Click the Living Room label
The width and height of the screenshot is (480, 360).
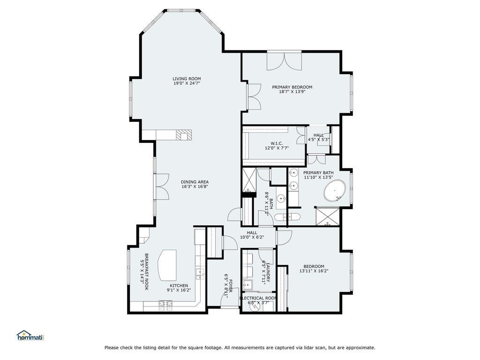coord(187,79)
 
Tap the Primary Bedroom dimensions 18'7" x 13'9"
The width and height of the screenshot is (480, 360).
coord(292,91)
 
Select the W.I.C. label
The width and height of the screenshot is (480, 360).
coord(277,143)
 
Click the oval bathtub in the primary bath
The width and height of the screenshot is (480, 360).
coord(335,191)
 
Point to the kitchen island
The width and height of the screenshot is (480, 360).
coord(167,265)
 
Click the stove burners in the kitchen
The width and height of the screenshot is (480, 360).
coord(165,305)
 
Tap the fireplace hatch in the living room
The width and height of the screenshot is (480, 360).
coord(184,135)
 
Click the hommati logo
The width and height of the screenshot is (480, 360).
coord(30,336)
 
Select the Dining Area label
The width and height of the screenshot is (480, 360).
coord(195,182)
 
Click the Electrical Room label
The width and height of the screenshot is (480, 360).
coord(258,298)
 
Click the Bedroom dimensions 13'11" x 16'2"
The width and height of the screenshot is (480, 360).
coord(314,271)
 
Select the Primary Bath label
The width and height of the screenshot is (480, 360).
coord(318,172)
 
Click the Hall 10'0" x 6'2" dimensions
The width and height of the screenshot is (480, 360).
coord(252,237)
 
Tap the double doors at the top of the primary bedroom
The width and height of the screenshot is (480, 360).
coord(285,61)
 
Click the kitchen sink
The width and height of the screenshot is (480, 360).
coord(200,273)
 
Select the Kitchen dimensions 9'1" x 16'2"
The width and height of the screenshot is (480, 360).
coord(179,290)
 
